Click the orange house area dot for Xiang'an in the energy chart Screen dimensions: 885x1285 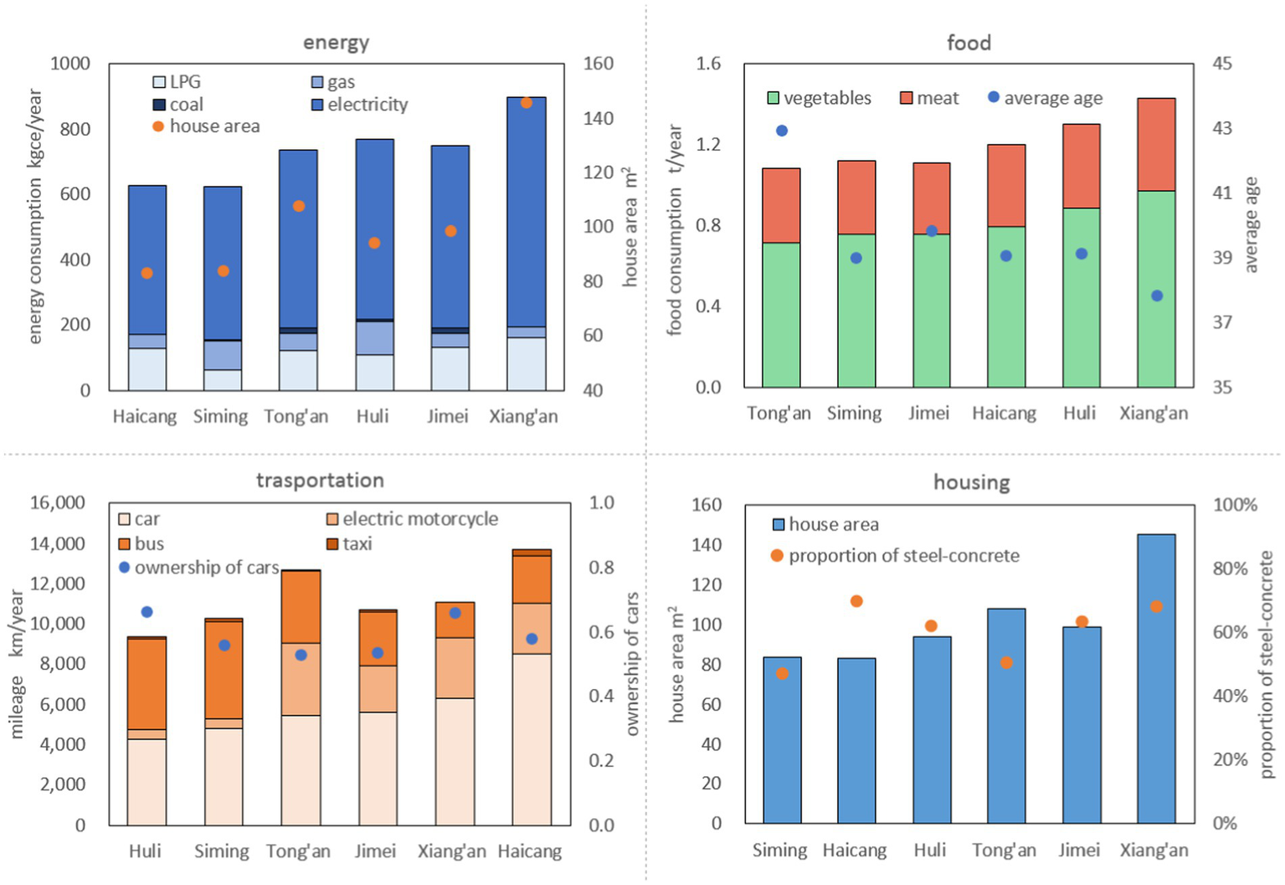click(x=527, y=103)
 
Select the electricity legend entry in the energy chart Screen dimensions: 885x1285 click(x=367, y=105)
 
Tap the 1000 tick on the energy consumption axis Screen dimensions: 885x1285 click(x=70, y=64)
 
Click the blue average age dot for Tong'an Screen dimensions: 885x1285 click(x=782, y=131)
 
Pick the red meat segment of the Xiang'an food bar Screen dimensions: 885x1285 click(x=1156, y=144)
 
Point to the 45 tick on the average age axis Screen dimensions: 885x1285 click(x=1222, y=64)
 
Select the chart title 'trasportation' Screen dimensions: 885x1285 click(x=320, y=480)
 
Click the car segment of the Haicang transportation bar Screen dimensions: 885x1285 click(x=532, y=738)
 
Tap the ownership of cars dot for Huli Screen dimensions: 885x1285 click(x=147, y=612)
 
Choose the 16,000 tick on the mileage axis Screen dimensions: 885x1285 click(x=57, y=502)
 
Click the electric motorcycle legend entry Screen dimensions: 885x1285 click(x=419, y=519)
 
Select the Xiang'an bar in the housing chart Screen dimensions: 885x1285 click(x=1156, y=678)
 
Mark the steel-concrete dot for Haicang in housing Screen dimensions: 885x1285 click(x=856, y=601)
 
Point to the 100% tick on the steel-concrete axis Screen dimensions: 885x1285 click(x=1235, y=505)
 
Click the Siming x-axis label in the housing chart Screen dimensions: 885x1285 click(x=779, y=851)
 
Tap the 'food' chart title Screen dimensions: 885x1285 click(x=969, y=43)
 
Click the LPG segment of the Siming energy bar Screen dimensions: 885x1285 click(x=223, y=379)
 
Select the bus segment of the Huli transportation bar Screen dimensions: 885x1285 click(x=147, y=683)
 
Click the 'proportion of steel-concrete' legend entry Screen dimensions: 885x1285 click(x=903, y=556)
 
